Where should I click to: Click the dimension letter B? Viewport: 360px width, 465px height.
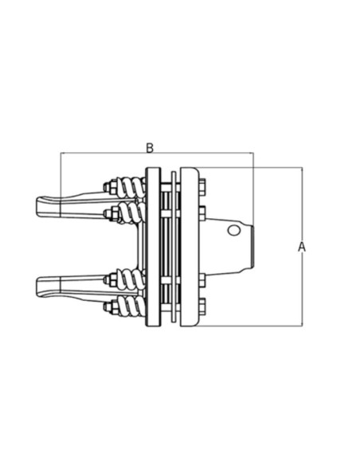(150, 147)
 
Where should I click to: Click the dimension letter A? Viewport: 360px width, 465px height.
(302, 247)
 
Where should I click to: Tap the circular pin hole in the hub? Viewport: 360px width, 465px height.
(233, 231)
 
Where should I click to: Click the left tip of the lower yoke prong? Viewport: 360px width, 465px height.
(39, 284)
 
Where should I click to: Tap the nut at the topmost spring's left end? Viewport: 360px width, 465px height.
(112, 188)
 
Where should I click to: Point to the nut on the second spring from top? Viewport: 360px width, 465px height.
(112, 211)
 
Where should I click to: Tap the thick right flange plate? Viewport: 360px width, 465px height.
(190, 247)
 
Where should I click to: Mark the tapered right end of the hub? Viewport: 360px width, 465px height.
(249, 246)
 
